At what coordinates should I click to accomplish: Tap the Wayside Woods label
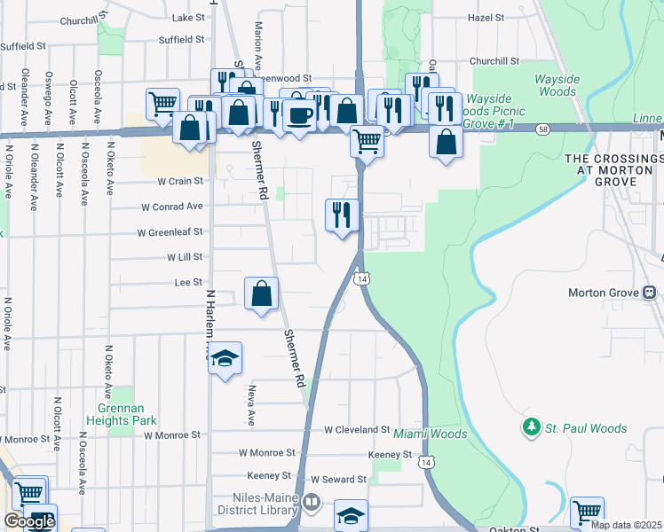click(x=557, y=85)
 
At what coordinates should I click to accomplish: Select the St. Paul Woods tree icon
click(x=532, y=428)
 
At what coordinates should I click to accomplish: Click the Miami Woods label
click(x=431, y=434)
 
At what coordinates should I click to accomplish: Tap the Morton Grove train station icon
click(x=650, y=293)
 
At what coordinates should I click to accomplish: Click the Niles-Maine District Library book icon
click(x=312, y=503)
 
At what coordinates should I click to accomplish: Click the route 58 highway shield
click(x=541, y=129)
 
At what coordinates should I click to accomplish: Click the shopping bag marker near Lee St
click(x=262, y=293)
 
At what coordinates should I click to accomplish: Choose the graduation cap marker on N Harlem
click(x=225, y=357)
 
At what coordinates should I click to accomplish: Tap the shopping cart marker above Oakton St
click(x=587, y=512)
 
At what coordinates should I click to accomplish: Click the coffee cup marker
click(x=300, y=114)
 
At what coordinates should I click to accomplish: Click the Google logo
click(x=28, y=521)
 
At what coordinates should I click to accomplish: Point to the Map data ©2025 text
click(x=627, y=525)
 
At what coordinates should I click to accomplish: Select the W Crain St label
click(x=180, y=181)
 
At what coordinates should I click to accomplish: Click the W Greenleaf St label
click(x=170, y=232)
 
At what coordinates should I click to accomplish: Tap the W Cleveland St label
click(x=357, y=429)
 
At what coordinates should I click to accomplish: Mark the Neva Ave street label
click(x=250, y=405)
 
